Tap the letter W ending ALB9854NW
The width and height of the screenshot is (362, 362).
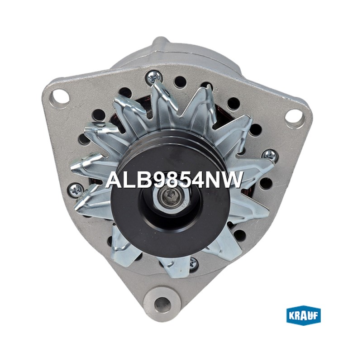coord(231,180)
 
